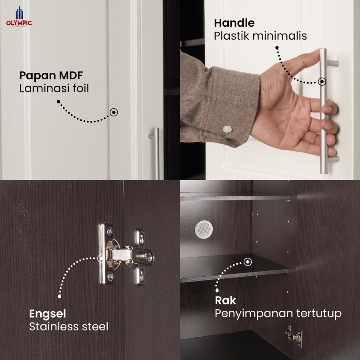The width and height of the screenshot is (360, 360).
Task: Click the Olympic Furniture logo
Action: coord(19,17)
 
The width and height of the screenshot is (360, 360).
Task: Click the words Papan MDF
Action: coord(51,76)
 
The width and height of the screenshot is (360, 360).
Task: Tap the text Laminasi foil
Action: coord(54,88)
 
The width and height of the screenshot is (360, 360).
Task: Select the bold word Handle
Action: coord(234,23)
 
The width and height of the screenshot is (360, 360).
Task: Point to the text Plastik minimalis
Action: coord(260,36)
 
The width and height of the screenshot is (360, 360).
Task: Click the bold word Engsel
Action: coord(48,314)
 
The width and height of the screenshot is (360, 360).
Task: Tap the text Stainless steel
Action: coord(69,326)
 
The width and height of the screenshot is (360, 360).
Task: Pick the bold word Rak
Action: coord(225,300)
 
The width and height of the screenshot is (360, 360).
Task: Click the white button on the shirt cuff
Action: coord(227,129)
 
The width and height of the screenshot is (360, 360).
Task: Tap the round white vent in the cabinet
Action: coord(204,229)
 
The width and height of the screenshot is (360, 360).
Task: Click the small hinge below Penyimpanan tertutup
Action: coord(294,336)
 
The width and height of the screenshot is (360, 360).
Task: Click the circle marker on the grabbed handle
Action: coord(322,82)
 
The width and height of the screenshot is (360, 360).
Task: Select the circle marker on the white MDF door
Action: coord(114,112)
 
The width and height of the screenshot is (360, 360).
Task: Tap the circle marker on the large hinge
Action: coord(101,258)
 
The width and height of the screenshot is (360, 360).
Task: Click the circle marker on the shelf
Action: coord(248,262)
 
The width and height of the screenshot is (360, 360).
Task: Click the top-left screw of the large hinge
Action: coord(110,230)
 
